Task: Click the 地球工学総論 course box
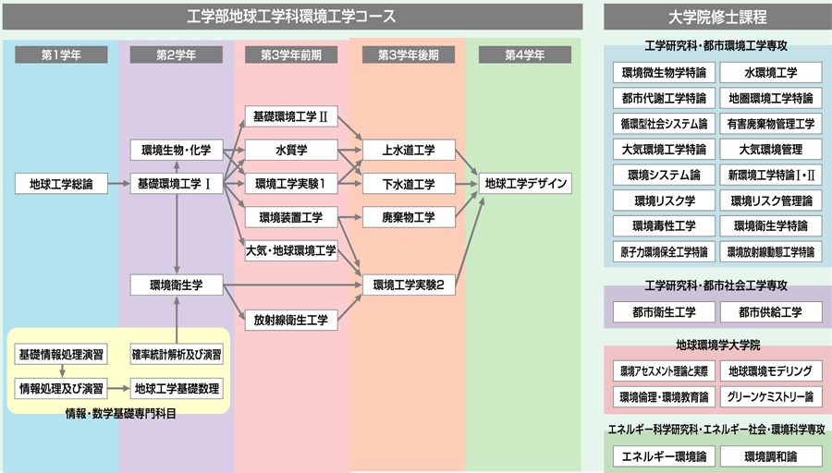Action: pos(61,184)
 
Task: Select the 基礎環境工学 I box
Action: pos(176,184)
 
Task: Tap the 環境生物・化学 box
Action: pos(176,150)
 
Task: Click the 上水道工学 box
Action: pos(410,150)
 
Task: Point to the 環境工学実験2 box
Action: pos(410,285)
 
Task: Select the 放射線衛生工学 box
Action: pos(290,321)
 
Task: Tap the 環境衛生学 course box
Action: pos(176,285)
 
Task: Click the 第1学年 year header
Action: pos(61,55)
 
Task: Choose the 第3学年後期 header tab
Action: pos(409,55)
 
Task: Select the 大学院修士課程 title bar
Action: pos(716,17)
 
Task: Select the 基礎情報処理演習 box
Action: pos(61,354)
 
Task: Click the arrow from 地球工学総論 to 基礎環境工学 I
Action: pos(117,184)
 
